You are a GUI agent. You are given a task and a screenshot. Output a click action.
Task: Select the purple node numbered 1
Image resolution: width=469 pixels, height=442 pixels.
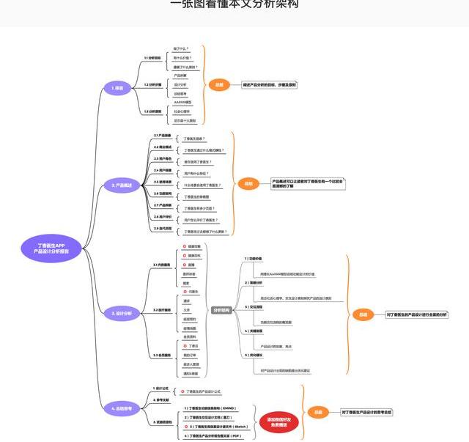(x=117, y=88)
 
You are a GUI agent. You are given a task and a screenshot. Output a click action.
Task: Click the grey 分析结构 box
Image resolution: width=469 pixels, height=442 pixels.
(x=221, y=310)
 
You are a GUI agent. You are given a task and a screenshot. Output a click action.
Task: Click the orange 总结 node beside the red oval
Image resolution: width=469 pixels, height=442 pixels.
(x=319, y=413)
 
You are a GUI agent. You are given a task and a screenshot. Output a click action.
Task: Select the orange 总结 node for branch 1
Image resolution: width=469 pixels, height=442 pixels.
(x=219, y=85)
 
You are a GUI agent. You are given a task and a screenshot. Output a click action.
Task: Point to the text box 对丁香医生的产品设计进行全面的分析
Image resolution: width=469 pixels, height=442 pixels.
(x=416, y=314)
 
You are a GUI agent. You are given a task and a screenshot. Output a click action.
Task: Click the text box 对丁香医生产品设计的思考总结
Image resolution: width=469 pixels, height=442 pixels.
(x=366, y=413)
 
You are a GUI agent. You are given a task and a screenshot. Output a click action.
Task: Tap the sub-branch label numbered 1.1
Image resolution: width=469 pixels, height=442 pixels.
(x=152, y=57)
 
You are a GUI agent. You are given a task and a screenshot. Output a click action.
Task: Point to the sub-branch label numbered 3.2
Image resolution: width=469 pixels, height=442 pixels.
(x=161, y=310)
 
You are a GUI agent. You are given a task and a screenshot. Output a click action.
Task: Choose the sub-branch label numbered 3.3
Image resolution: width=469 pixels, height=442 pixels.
(x=161, y=355)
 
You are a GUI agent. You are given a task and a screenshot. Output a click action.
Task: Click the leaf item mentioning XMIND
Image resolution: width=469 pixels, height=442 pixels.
(x=210, y=407)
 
